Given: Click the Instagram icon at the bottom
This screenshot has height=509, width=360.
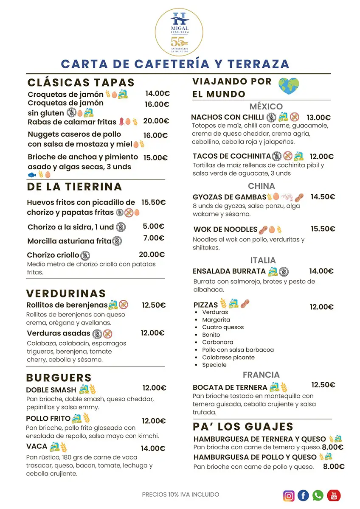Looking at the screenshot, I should tap(289, 495).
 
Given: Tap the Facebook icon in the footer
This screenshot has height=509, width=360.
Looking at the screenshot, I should tap(303, 495).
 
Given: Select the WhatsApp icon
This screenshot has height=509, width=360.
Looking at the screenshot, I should tap(318, 495).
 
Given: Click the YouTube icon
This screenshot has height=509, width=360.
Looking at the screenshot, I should tap(334, 495).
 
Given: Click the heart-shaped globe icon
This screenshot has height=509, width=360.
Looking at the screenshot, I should tap(289, 86).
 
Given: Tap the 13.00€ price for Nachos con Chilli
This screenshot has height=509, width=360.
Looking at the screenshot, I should tap(318, 117).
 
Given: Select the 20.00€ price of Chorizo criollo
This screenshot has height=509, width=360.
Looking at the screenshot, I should tap(152, 255).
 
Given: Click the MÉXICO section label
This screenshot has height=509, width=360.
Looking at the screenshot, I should tap(266, 106).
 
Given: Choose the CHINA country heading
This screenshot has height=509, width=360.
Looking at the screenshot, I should tap(262, 186).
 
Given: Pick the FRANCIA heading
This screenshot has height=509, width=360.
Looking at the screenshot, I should tap(261, 375).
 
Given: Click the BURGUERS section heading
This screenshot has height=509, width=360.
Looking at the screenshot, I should tap(59, 378).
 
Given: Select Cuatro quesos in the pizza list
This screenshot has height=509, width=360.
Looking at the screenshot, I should tap(223, 327).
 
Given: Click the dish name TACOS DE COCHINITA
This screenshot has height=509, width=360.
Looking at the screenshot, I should tap(231, 156).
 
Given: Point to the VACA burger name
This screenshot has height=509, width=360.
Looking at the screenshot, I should tap(37, 447).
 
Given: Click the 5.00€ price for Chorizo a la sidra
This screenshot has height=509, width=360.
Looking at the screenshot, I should tap(153, 226).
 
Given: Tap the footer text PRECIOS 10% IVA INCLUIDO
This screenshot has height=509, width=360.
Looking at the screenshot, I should tap(180, 494).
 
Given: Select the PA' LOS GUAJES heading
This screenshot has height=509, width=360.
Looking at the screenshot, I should tap(243, 426).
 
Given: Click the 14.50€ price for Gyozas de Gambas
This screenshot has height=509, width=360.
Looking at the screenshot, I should tap(323, 197).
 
